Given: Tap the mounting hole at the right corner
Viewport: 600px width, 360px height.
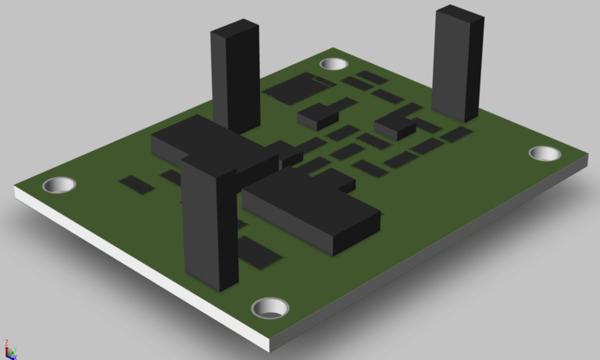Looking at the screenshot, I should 545,153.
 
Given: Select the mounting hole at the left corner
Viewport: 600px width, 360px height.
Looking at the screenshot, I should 59,186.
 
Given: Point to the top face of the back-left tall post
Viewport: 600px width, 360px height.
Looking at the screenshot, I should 235,29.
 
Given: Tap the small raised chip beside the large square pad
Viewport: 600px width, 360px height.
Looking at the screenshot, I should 318,116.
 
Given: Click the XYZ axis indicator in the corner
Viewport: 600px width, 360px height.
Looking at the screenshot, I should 9,348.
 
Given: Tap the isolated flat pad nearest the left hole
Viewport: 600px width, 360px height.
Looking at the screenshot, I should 137,184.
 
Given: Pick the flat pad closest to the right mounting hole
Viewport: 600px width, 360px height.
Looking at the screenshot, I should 455,134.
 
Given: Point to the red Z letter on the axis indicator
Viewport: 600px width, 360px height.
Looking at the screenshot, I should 6,342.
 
